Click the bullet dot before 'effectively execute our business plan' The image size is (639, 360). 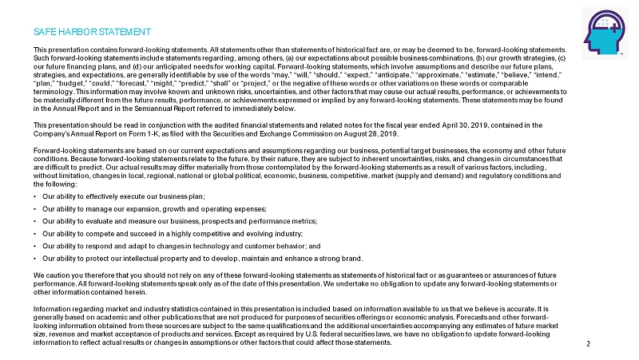point(36,196)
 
